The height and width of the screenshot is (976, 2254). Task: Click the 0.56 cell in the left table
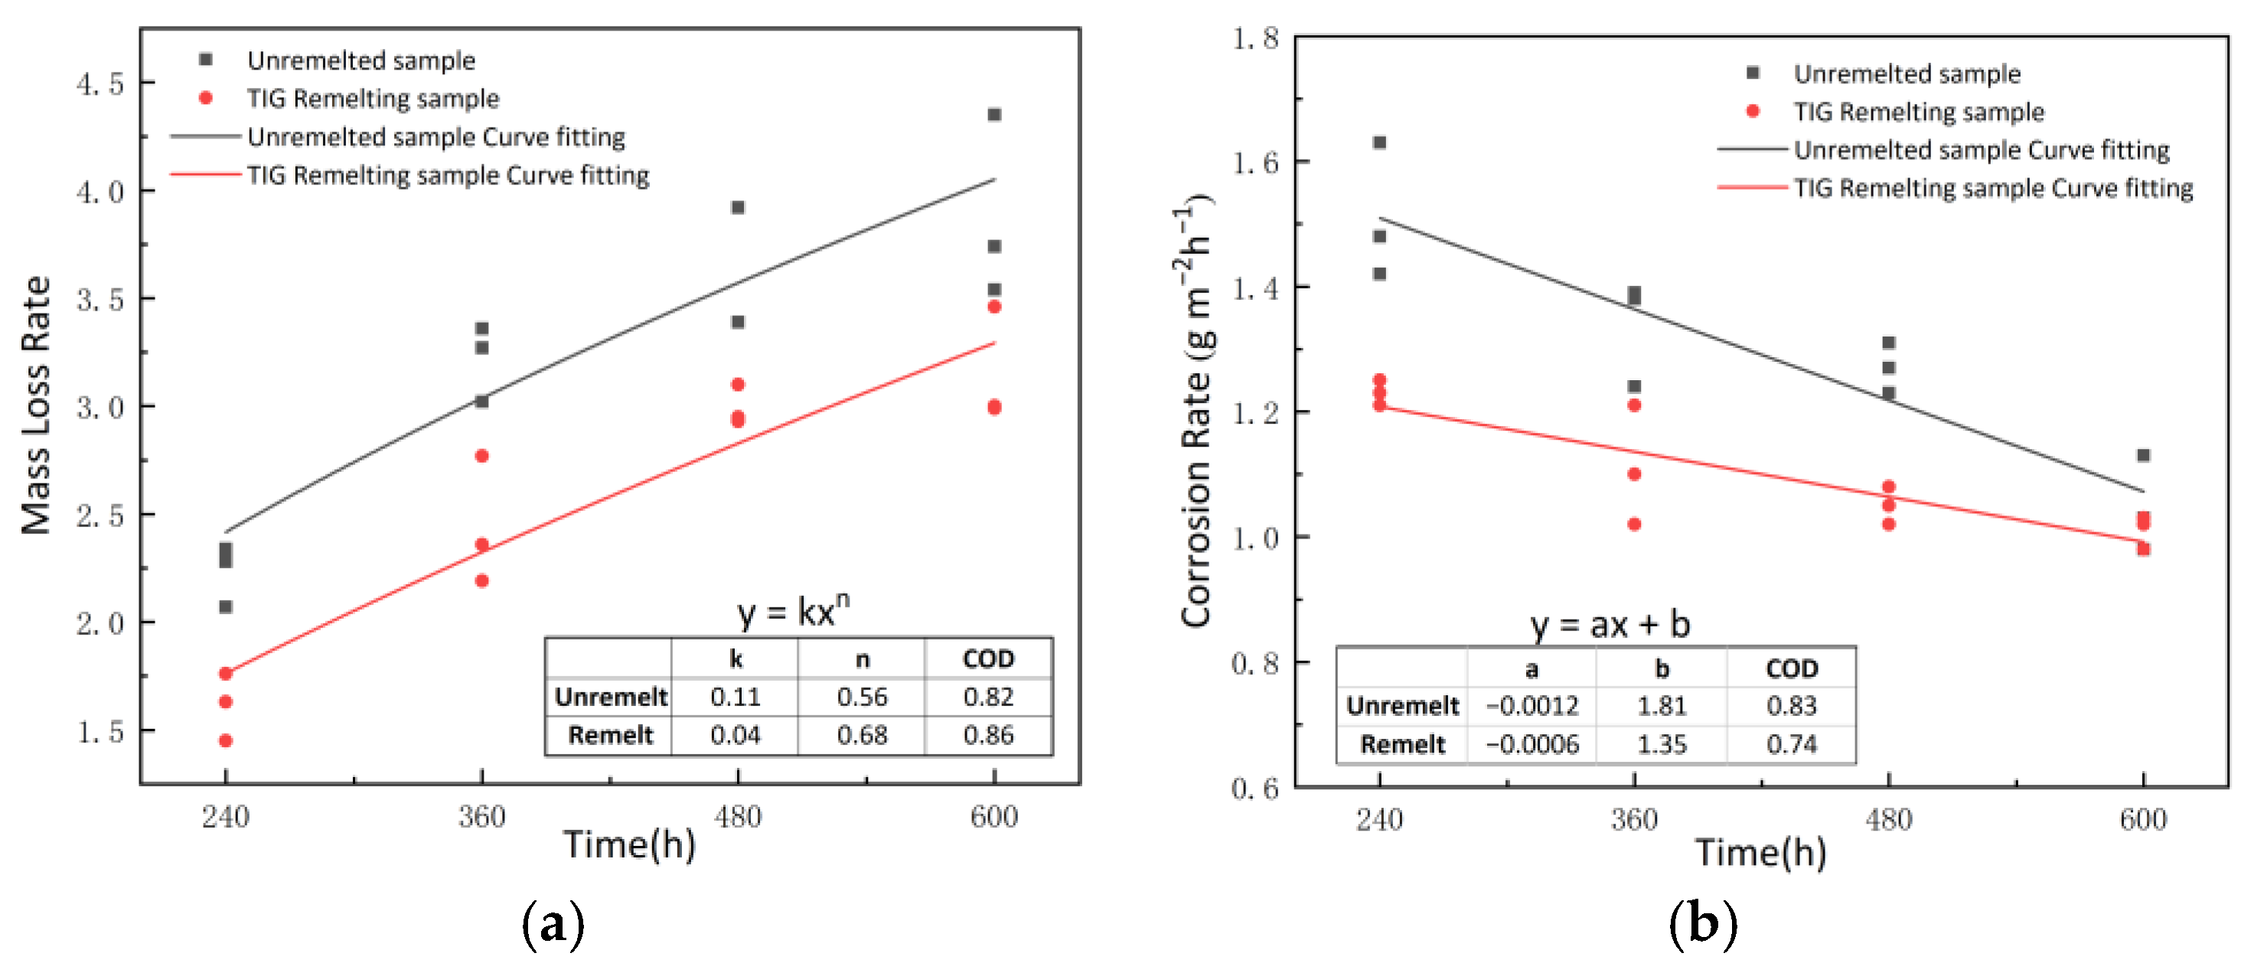[x=861, y=697]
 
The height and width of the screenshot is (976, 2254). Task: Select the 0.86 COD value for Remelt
[x=988, y=734]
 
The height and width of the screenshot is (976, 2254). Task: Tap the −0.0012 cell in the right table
[x=1532, y=706]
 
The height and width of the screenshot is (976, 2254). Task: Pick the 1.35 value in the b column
[x=1661, y=744]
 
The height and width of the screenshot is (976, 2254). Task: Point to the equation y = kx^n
[x=793, y=610]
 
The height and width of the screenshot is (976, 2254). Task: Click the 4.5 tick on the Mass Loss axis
[x=99, y=84]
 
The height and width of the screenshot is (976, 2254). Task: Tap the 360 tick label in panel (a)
[x=481, y=817]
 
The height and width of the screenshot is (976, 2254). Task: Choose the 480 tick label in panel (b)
[x=1888, y=820]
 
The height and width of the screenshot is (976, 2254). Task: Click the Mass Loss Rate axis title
[x=37, y=405]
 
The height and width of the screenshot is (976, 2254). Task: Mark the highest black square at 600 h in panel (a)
[x=994, y=115]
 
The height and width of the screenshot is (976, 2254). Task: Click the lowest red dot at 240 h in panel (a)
[x=226, y=740]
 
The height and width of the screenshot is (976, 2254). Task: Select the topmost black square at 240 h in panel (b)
[x=1379, y=142]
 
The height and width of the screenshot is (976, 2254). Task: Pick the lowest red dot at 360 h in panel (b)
[x=1633, y=524]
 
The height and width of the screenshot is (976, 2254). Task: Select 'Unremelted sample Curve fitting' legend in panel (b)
[x=1981, y=150]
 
